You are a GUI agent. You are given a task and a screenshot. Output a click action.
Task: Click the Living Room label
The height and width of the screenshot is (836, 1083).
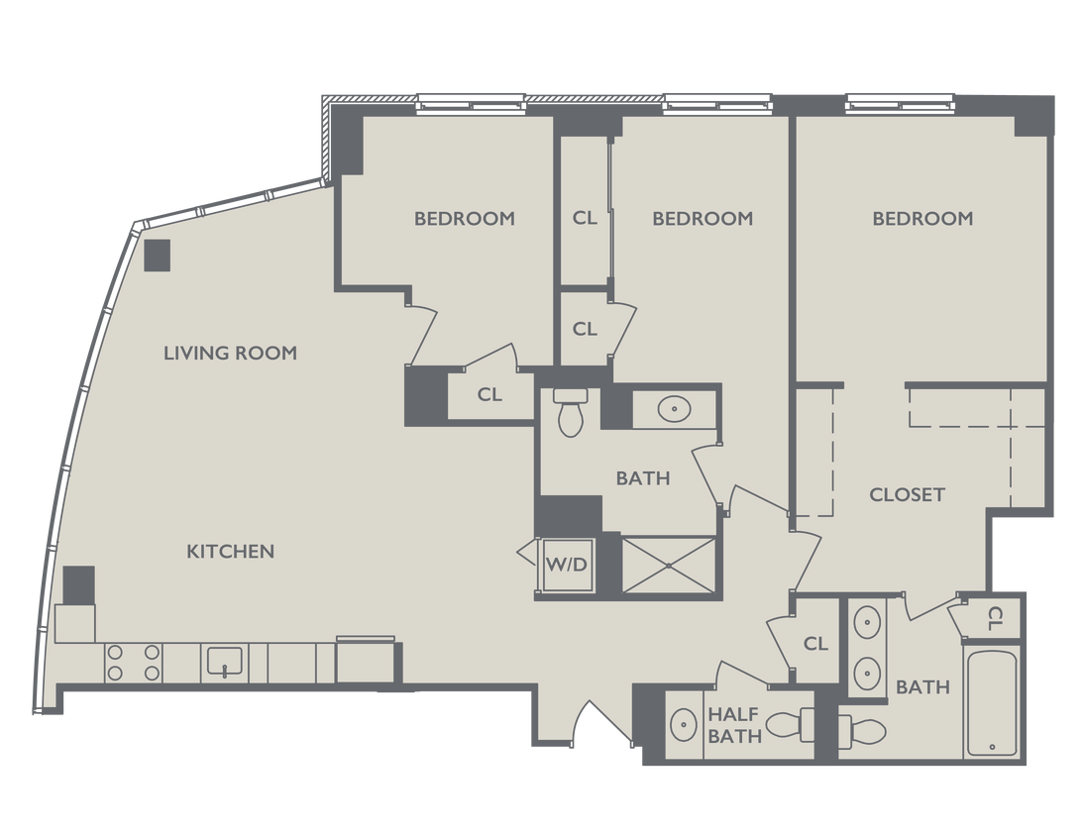(x=230, y=353)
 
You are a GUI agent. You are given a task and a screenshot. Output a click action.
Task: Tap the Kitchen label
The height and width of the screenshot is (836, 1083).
(x=230, y=551)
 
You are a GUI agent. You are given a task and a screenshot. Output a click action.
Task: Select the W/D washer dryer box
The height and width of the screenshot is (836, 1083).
(x=567, y=566)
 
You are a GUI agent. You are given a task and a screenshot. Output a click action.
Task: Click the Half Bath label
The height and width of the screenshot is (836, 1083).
(x=734, y=724)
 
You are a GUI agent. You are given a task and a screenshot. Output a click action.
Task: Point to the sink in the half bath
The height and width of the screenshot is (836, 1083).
(x=683, y=725)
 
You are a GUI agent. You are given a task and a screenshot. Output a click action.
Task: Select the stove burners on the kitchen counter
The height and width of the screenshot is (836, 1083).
(x=134, y=663)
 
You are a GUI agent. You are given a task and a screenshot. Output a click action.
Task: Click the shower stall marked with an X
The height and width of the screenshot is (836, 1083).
(x=668, y=567)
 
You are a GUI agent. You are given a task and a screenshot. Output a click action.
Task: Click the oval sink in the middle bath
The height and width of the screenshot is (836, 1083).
(x=675, y=407)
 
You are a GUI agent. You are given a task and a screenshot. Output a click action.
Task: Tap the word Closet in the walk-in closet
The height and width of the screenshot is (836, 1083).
(x=907, y=494)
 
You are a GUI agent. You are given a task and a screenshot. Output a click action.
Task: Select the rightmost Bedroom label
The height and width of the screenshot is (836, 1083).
(x=922, y=218)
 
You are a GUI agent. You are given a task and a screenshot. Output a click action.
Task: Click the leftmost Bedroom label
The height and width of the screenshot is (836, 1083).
(x=465, y=218)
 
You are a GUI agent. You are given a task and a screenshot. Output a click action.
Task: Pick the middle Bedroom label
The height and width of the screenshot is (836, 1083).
(x=703, y=218)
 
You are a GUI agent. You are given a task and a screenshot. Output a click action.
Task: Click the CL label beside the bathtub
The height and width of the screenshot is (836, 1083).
(x=996, y=618)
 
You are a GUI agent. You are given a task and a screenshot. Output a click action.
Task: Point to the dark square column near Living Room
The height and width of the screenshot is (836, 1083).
(x=158, y=255)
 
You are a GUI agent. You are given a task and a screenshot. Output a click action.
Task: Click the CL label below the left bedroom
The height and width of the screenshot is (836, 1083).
(x=489, y=394)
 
